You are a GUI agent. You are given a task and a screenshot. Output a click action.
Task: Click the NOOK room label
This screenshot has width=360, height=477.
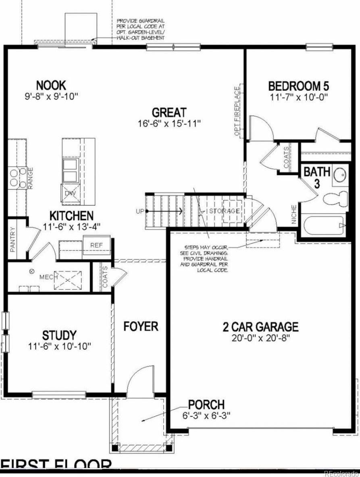point(51,85)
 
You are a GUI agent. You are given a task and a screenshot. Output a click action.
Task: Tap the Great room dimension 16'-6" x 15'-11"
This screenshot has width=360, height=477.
point(169,122)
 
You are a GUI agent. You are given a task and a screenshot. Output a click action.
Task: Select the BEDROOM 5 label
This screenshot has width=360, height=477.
point(299,86)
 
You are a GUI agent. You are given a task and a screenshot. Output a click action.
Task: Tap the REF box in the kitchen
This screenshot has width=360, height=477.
point(96,245)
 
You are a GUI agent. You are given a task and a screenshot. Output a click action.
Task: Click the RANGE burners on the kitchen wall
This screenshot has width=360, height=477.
point(15,178)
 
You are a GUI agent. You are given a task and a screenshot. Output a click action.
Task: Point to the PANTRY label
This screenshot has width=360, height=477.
point(12,239)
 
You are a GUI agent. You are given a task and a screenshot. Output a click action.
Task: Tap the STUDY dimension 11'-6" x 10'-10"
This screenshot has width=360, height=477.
point(60,346)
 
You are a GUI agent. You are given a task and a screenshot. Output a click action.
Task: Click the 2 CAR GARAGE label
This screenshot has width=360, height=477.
point(260,326)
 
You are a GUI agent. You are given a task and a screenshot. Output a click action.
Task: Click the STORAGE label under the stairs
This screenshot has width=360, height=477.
point(225,211)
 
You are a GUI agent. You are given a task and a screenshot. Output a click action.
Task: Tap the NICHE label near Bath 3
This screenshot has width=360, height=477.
point(294,214)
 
